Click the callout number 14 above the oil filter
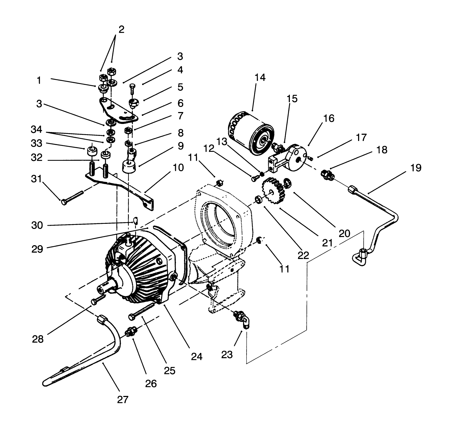click(260, 78)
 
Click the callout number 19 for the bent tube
click(416, 168)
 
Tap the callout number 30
click(37, 225)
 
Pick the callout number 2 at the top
click(121, 29)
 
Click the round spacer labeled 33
click(92, 151)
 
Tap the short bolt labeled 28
click(99, 300)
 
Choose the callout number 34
click(37, 130)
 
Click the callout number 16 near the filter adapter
click(329, 119)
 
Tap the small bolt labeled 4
click(133, 88)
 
